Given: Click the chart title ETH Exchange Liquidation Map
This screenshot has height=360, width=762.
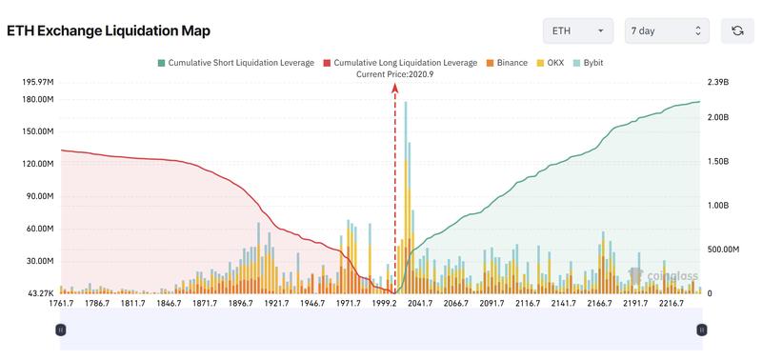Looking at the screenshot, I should tap(110, 31).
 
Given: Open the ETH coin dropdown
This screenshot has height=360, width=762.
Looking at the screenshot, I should tap(578, 31).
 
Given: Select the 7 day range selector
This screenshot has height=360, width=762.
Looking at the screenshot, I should tap(667, 31).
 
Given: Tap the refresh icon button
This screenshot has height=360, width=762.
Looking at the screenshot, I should tap(737, 31).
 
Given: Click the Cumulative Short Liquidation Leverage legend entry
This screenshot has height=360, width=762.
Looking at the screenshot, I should tap(235, 63).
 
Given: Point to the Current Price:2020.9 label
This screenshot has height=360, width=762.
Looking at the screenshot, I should tap(394, 74).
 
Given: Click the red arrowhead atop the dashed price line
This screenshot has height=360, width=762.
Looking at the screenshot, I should tap(394, 87).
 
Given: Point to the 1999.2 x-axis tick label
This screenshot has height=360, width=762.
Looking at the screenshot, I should tap(387, 304).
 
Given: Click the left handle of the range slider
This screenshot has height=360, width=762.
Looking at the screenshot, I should tap(60, 330).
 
